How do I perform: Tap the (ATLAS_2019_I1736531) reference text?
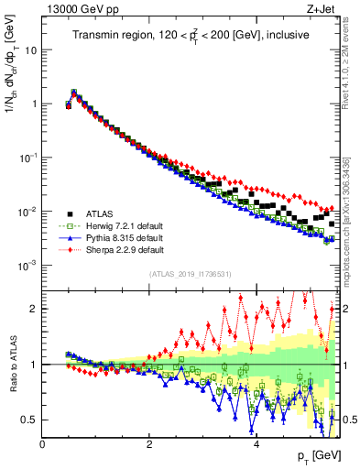tap(190, 274)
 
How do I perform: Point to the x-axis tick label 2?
tap(149, 446)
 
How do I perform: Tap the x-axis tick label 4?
tap(256, 446)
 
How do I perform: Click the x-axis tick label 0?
tap(42, 446)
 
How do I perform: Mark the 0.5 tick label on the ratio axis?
tap(28, 420)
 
